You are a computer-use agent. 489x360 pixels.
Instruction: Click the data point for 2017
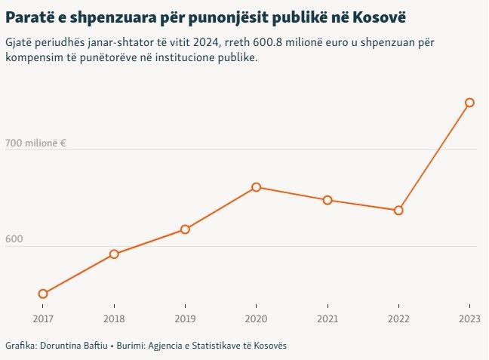click(43, 294)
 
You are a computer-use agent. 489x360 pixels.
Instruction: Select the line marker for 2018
click(114, 254)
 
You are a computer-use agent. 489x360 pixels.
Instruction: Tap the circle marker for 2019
click(185, 229)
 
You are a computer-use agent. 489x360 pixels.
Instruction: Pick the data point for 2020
click(257, 187)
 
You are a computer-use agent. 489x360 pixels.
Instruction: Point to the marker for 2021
click(328, 200)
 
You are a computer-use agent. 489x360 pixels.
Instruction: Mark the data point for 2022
click(398, 211)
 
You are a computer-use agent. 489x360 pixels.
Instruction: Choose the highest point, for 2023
click(469, 103)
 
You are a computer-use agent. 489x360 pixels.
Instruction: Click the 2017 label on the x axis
click(43, 319)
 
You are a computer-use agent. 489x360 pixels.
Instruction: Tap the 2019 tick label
click(185, 319)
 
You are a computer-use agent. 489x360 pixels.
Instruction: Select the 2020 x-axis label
click(257, 319)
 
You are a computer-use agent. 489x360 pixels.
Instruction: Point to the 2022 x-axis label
click(398, 319)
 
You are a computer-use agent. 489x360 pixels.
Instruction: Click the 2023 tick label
click(469, 319)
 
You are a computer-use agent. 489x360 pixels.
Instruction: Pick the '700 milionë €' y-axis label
click(36, 143)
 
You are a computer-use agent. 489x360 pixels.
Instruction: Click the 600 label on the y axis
click(14, 239)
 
